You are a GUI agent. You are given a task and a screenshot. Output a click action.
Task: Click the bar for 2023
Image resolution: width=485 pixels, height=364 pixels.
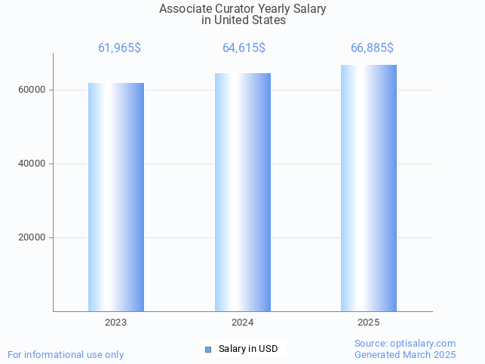(x=116, y=197)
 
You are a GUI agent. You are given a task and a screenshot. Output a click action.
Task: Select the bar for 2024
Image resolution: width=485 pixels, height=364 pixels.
(x=243, y=192)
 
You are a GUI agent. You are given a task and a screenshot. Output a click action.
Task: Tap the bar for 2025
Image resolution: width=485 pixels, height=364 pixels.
(x=369, y=188)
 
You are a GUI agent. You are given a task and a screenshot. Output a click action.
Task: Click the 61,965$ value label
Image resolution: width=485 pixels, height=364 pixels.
(x=119, y=48)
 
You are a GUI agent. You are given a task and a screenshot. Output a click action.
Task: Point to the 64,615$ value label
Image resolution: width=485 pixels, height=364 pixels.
(x=244, y=48)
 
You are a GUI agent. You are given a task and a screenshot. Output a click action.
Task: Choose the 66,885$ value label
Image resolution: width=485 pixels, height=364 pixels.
(x=372, y=48)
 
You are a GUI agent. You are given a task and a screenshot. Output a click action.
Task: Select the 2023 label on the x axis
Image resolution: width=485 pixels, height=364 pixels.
(x=116, y=322)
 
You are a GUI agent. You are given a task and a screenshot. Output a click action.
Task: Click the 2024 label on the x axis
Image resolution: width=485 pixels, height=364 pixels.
(x=243, y=322)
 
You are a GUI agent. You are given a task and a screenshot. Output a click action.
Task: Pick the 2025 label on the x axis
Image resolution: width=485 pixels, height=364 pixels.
(x=369, y=322)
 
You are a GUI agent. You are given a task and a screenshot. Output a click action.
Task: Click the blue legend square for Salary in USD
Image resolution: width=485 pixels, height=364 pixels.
(x=209, y=349)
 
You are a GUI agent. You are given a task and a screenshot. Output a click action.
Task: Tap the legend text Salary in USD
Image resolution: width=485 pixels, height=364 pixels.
(x=248, y=349)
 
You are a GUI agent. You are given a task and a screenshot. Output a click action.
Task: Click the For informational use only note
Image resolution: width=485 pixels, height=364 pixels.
(x=66, y=354)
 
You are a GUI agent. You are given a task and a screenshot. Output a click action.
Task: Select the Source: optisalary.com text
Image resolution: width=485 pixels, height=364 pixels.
(x=405, y=343)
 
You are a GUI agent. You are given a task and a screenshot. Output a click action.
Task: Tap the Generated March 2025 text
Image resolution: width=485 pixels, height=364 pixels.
(x=405, y=354)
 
